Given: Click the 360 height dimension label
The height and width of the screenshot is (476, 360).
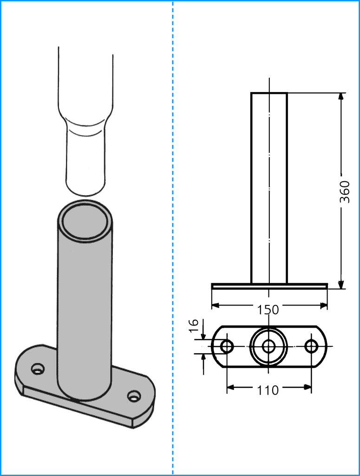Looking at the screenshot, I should [x=344, y=192].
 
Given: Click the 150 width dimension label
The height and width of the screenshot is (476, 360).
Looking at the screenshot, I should [x=268, y=310].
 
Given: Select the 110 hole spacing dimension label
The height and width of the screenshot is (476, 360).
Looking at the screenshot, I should [x=268, y=390].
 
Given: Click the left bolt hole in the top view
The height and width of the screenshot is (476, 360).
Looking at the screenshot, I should [x=227, y=346].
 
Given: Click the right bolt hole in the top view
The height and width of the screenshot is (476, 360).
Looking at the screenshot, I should [x=311, y=346].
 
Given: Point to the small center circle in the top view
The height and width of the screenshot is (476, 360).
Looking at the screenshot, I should [x=268, y=346].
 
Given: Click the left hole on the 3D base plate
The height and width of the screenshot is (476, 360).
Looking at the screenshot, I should [x=38, y=369].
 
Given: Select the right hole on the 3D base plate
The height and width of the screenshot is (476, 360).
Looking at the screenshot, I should [x=134, y=396].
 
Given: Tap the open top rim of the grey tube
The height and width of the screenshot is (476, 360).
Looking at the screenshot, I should [x=85, y=220].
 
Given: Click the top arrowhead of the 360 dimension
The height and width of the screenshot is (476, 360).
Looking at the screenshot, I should [x=341, y=97].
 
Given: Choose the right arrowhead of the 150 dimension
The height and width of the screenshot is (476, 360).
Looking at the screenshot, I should [x=323, y=305].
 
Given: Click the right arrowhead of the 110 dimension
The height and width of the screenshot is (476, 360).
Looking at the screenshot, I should [x=307, y=387].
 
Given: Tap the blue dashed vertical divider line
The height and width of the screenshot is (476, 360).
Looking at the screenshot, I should [x=173, y=238].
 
